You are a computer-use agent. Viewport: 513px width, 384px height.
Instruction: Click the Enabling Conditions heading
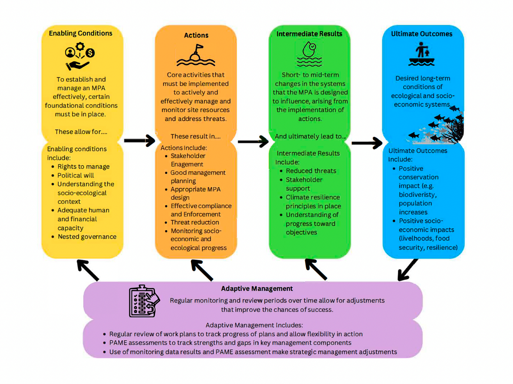(81, 33)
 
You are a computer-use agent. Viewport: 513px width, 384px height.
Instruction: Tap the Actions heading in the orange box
(196, 35)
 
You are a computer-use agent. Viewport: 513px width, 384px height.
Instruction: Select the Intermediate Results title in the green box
(309, 34)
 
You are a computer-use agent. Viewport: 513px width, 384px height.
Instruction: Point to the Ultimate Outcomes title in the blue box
(422, 34)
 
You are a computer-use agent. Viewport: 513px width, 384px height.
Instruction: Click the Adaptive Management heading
(257, 289)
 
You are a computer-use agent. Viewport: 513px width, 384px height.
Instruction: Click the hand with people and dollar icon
(80, 56)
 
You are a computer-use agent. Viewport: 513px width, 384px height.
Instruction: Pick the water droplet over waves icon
(309, 54)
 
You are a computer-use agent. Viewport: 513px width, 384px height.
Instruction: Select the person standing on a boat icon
(422, 55)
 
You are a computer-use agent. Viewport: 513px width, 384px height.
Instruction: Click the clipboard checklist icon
(144, 301)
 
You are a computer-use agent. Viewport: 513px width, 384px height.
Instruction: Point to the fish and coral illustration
(439, 127)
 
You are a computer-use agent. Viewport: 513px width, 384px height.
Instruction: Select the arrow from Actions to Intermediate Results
(253, 141)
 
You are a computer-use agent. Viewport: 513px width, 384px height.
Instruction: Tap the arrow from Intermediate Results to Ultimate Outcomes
(367, 143)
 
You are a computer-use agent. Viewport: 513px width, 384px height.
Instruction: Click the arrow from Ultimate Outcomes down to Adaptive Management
(408, 270)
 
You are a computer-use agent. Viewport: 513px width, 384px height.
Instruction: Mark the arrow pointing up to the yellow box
(88, 270)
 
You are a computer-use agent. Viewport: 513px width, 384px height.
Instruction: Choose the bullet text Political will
(76, 175)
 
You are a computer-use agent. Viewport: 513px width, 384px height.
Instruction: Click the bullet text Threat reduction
(195, 223)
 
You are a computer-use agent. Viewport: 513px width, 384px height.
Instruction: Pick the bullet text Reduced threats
(311, 171)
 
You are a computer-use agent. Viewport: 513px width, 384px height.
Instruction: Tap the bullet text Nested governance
(87, 237)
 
